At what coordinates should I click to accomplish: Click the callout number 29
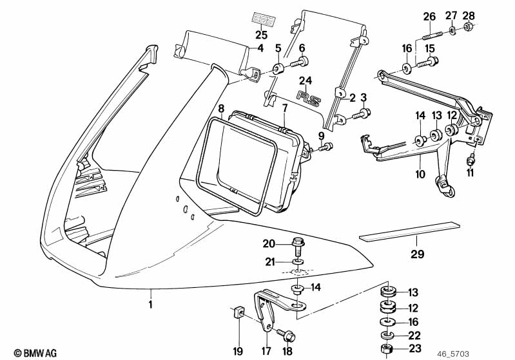tap(418, 254)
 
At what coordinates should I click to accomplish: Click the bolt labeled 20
tap(298, 245)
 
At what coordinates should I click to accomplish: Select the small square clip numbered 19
tap(238, 314)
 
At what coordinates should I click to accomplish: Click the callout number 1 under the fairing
tap(151, 305)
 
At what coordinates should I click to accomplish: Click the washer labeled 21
tap(297, 263)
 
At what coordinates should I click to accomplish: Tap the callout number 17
tap(264, 352)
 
